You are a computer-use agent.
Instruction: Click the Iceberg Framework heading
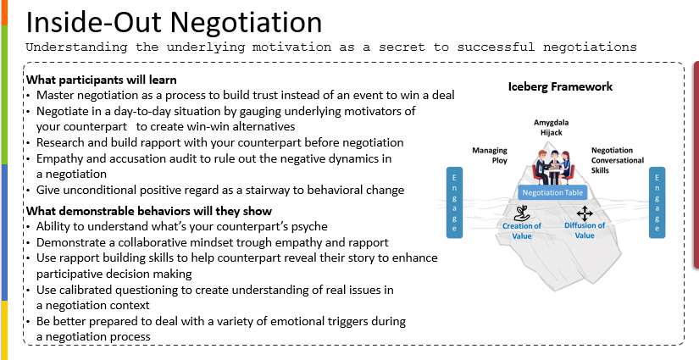[560, 86]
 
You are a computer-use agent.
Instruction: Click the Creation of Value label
[521, 230]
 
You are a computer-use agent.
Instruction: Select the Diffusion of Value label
[585, 230]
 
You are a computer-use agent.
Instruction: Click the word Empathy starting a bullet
[59, 158]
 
